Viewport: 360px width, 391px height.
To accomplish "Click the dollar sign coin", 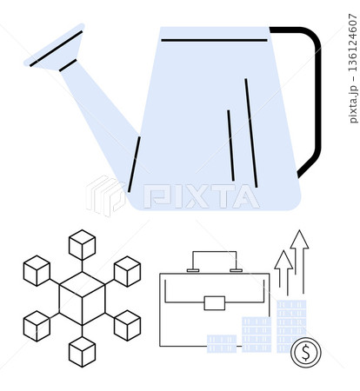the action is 306,352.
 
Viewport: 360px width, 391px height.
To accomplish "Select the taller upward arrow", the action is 299,261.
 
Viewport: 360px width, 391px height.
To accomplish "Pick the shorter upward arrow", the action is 283,272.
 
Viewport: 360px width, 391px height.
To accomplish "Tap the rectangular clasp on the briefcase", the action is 215,303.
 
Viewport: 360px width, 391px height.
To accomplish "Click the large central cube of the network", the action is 82,298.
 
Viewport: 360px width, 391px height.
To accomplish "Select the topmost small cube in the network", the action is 82,245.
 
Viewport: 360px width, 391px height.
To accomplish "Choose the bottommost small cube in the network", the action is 82,352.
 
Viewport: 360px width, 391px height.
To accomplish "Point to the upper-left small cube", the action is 37,271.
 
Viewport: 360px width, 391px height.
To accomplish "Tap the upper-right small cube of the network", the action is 128,271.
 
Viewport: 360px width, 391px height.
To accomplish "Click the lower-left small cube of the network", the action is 37,326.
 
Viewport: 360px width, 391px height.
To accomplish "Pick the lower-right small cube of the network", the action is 128,325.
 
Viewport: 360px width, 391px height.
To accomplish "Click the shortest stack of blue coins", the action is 222,344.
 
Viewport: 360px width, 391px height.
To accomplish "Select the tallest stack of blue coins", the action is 291,326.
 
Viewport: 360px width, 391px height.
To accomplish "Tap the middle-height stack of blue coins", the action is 257,335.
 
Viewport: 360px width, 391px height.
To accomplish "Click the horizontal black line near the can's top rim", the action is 214,40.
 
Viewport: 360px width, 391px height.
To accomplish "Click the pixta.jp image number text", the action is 352,69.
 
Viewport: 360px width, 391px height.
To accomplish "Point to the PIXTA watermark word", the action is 202,196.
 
